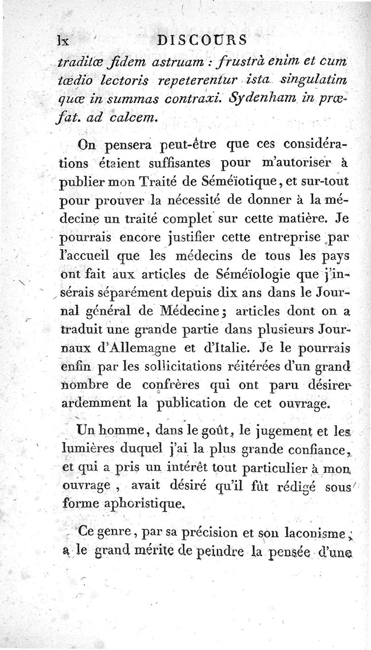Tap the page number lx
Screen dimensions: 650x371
tap(62, 40)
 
